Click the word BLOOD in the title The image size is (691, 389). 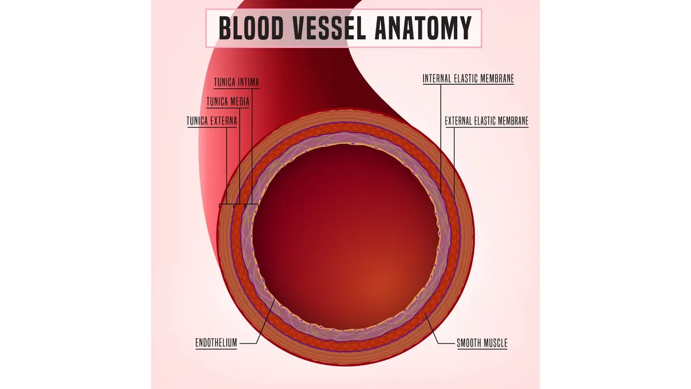click(251, 28)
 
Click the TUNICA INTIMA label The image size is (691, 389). click(237, 82)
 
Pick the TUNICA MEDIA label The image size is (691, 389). click(227, 101)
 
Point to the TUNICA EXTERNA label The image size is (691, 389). click(212, 121)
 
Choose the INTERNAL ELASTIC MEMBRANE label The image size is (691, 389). click(468, 79)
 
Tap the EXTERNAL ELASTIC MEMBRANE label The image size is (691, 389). click(487, 121)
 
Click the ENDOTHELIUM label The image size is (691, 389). click(217, 343)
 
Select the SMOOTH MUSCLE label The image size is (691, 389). click(482, 343)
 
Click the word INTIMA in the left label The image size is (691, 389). click(248, 82)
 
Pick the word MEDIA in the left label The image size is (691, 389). click(238, 101)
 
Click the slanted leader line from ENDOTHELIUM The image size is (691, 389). click(265, 321)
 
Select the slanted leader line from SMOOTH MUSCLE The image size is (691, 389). click(431, 328)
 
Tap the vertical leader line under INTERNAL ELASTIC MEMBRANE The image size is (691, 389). click(441, 139)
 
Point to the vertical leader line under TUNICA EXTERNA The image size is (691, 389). click(227, 166)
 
